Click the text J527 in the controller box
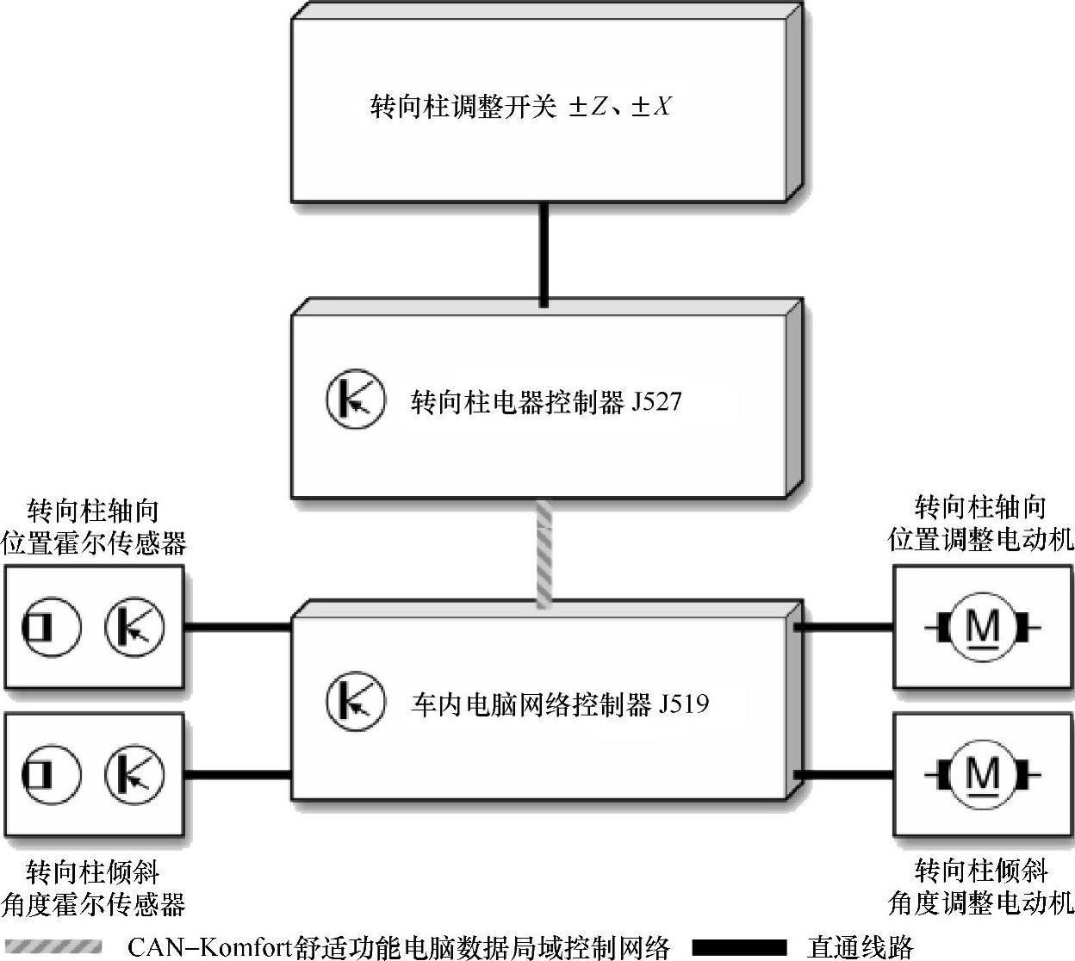tap(656, 401)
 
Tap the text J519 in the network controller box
tap(684, 704)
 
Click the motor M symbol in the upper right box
tap(982, 627)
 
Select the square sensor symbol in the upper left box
tap(51, 626)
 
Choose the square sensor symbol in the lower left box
tap(51, 773)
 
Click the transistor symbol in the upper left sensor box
tap(134, 626)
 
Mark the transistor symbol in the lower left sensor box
tap(134, 773)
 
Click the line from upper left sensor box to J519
tap(238, 627)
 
